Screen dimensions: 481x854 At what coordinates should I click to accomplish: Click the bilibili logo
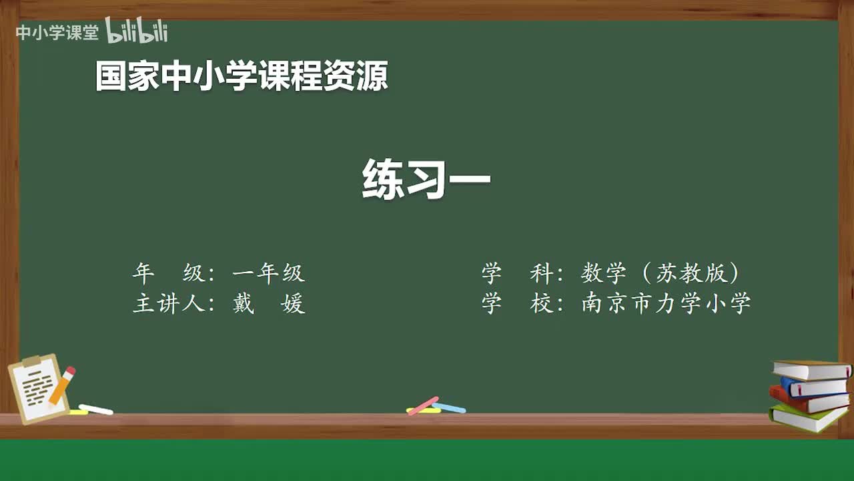click(136, 31)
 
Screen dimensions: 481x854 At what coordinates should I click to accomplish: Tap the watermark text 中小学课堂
click(57, 33)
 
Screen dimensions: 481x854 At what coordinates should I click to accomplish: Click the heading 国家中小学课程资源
click(241, 77)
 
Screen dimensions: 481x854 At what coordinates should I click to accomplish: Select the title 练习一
click(426, 179)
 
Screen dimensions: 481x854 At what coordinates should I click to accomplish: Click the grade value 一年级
click(268, 273)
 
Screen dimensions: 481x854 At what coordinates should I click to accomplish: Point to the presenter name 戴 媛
click(268, 304)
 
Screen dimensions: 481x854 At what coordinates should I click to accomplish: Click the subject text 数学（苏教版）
click(661, 273)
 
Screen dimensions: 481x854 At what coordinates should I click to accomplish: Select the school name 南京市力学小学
click(666, 303)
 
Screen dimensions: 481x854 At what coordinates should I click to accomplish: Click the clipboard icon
click(37, 389)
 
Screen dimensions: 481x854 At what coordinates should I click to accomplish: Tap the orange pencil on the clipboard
click(62, 385)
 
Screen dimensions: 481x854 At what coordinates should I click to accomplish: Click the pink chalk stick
click(422, 405)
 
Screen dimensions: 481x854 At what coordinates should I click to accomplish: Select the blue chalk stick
click(449, 408)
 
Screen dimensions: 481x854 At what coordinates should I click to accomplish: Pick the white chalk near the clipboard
click(96, 409)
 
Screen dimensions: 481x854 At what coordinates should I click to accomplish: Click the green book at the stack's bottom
click(807, 418)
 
